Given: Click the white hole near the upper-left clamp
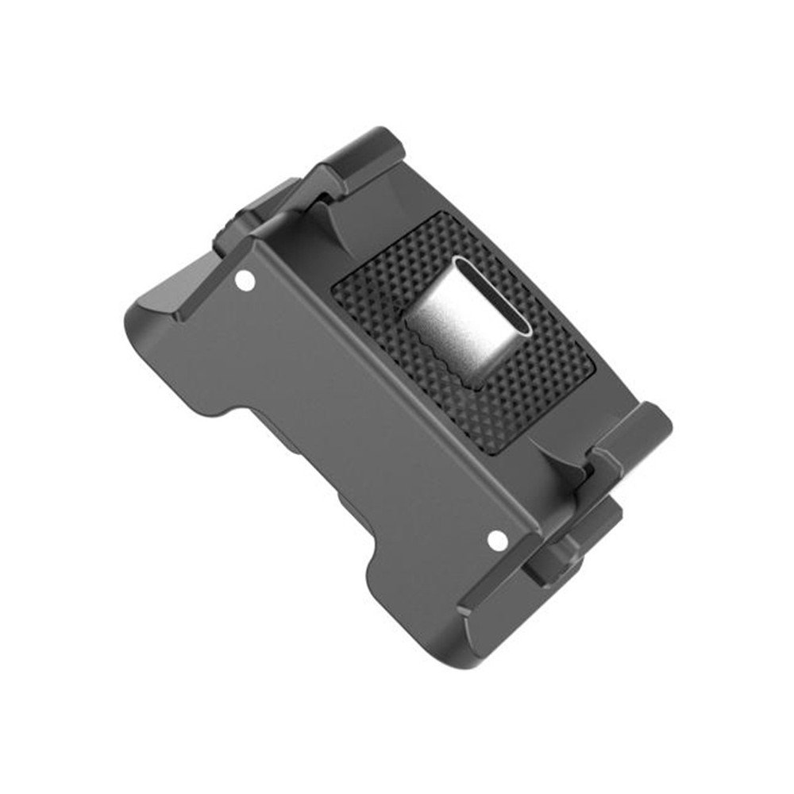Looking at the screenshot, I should coord(245,280).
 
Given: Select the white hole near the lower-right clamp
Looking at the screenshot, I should coord(497,540).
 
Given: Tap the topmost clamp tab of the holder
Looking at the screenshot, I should coord(361,151).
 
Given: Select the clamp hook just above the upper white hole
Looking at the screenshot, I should coord(238,238).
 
